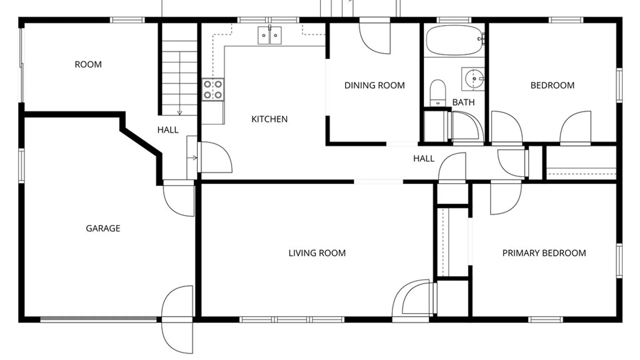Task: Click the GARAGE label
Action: [x=103, y=228]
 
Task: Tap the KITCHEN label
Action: [x=269, y=119]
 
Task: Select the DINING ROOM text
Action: [x=374, y=85]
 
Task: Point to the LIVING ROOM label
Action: [x=317, y=253]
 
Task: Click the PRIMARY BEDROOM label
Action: [x=544, y=253]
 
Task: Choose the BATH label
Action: [x=463, y=102]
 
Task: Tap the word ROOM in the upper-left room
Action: [x=88, y=64]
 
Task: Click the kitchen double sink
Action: [x=269, y=35]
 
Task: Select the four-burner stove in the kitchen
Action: [x=213, y=90]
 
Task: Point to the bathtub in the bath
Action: [x=455, y=40]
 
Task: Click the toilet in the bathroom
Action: [x=438, y=93]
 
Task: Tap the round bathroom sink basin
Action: [x=474, y=79]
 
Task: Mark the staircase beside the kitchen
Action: [x=179, y=78]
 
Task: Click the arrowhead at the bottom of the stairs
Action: [x=179, y=113]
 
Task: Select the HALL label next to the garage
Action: [x=168, y=130]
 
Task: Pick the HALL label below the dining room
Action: [x=424, y=158]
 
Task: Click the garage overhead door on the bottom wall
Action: [x=99, y=320]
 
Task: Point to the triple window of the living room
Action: [x=292, y=320]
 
